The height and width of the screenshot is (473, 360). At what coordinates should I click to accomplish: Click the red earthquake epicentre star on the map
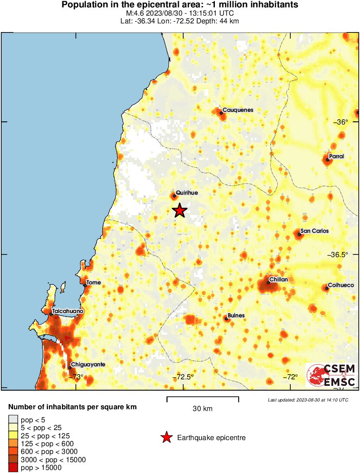click(180, 211)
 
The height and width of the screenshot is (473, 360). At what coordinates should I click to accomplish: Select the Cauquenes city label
click(237, 110)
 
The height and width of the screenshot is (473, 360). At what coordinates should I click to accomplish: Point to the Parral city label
click(336, 156)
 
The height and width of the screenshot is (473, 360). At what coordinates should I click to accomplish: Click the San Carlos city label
click(315, 231)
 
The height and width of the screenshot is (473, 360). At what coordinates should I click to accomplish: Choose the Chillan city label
click(278, 280)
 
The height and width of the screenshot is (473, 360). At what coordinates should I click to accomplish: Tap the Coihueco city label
click(341, 285)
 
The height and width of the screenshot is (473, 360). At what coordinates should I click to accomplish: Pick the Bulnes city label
click(236, 316)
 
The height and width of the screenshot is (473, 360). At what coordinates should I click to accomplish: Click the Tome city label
click(94, 283)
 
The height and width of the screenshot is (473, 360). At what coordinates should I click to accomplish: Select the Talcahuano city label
click(68, 311)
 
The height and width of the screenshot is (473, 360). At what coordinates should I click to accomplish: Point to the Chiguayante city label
click(88, 365)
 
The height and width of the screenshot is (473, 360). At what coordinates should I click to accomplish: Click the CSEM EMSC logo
click(332, 375)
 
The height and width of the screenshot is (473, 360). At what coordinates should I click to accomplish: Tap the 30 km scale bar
click(202, 397)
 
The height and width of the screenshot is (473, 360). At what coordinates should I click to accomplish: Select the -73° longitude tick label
click(77, 377)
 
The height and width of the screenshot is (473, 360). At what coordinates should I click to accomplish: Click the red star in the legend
click(166, 438)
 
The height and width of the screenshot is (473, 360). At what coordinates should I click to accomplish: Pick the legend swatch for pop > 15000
click(13, 467)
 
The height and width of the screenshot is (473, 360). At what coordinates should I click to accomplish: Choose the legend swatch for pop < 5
click(13, 419)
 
